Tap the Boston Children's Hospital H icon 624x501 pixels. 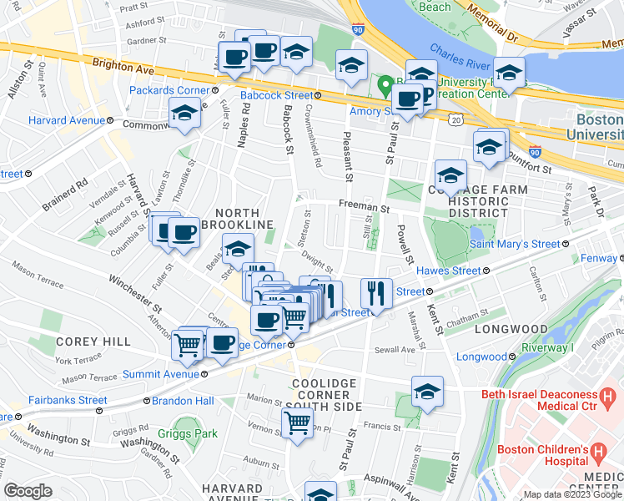point(597,453)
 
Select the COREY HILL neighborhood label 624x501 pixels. point(93,342)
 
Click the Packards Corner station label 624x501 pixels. point(169,90)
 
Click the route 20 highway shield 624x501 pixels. point(455,120)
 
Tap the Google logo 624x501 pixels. point(28,491)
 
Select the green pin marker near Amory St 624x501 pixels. point(385,85)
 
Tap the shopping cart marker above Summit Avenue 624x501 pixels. point(188,344)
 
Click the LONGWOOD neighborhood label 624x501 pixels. point(511,330)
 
